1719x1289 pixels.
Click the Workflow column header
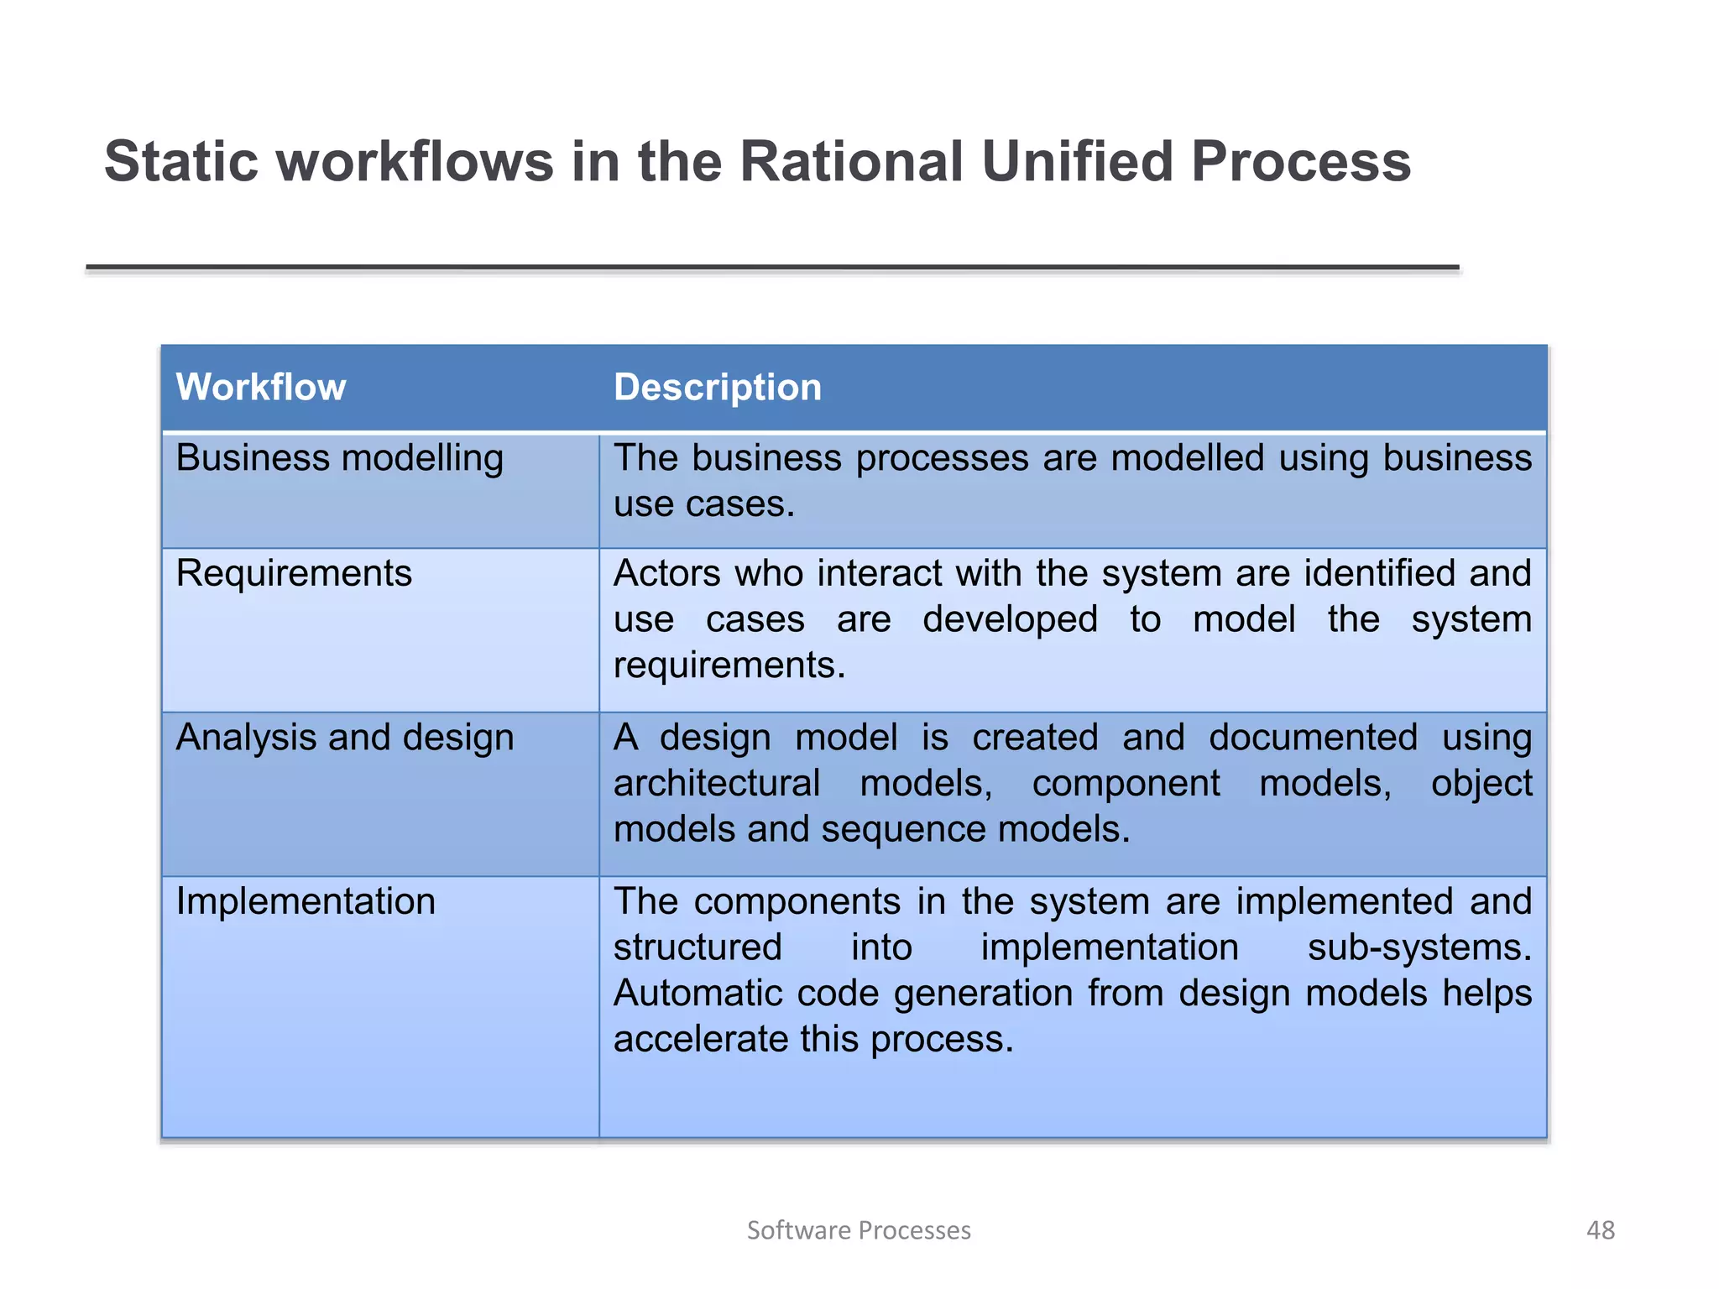(260, 388)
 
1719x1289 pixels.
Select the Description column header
(717, 388)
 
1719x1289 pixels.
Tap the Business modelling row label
(339, 459)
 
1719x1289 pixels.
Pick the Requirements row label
(294, 574)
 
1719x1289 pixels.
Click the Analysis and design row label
(344, 738)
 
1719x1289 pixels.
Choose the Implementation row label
(306, 902)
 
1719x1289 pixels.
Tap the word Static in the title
(180, 161)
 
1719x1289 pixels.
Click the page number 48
(1600, 1230)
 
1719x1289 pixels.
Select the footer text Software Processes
(859, 1230)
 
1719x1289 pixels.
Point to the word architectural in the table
(716, 784)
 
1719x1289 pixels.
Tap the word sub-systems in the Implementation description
(1419, 948)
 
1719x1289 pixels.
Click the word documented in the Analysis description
(1313, 738)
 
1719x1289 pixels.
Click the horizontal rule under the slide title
(772, 268)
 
